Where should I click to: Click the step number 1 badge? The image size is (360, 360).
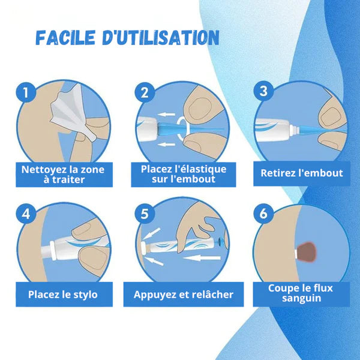tap(25, 93)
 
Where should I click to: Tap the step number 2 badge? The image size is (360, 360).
tap(144, 93)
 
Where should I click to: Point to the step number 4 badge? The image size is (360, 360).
tap(25, 214)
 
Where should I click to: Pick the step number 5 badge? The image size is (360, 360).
tap(144, 214)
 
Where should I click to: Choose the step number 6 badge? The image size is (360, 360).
tap(262, 214)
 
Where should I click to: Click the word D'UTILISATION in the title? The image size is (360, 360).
tap(169, 38)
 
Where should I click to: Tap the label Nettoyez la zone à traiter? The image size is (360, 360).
tap(62, 174)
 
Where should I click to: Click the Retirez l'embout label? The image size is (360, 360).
tap(301, 173)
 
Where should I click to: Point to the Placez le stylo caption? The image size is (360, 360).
tap(62, 295)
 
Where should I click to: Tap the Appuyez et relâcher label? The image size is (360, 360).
tap(183, 295)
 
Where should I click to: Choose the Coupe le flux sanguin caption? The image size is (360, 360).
tap(301, 293)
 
